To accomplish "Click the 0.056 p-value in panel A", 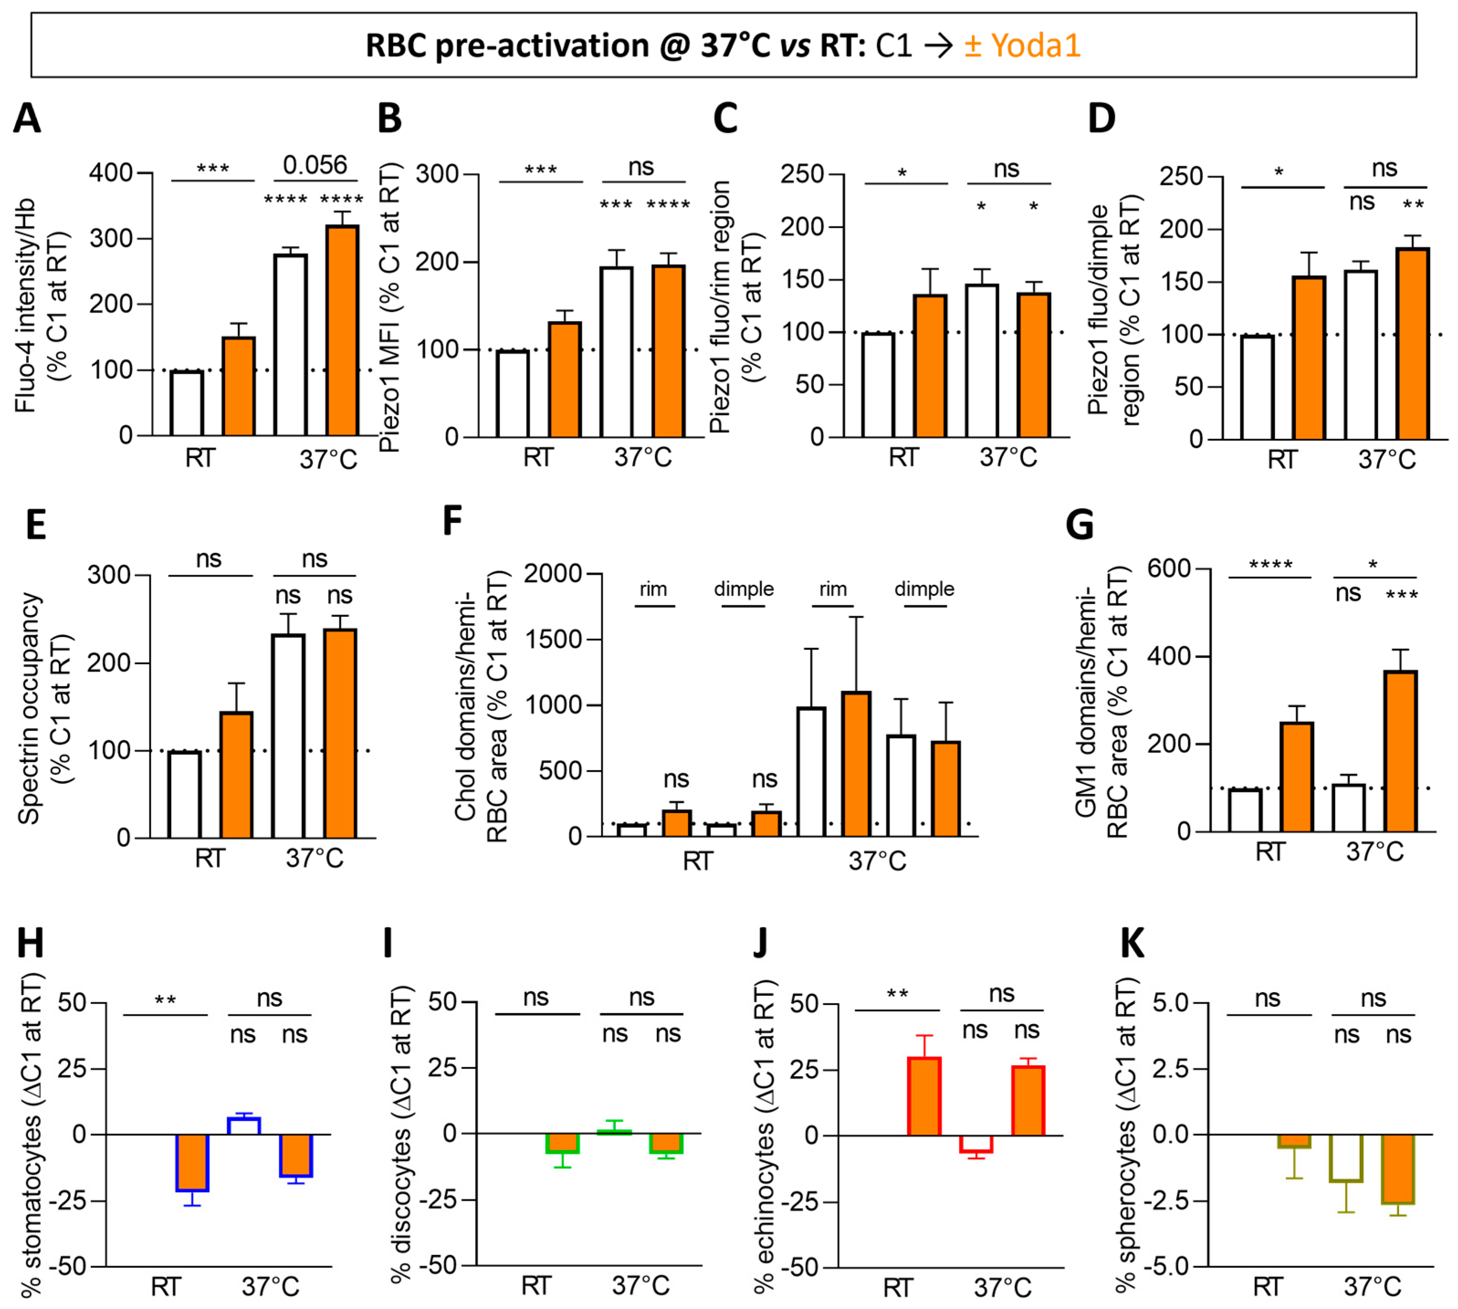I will click(315, 165).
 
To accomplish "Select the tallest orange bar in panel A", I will click(342, 331).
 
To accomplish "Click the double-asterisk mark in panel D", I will click(1413, 204).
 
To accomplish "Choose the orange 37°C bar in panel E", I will click(340, 734).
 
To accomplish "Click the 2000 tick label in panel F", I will click(552, 574).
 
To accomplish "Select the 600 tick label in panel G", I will click(1169, 569).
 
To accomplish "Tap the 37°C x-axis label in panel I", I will click(641, 1284).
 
